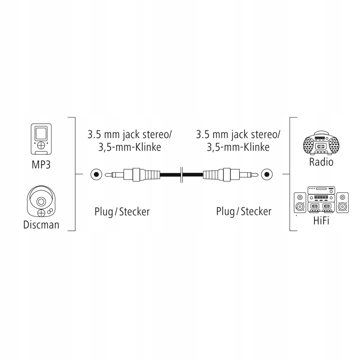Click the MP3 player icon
41,139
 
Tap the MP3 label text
41,165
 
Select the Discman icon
41,202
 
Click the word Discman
41,225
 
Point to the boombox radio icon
321,143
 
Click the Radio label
321,162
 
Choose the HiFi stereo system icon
321,200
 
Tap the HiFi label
321,221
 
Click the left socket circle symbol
96,175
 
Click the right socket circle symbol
267,175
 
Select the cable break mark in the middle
182,175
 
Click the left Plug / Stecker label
122,212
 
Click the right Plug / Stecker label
244,212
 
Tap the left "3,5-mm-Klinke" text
130,147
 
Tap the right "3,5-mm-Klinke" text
238,147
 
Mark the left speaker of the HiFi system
300,203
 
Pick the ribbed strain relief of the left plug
151,175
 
